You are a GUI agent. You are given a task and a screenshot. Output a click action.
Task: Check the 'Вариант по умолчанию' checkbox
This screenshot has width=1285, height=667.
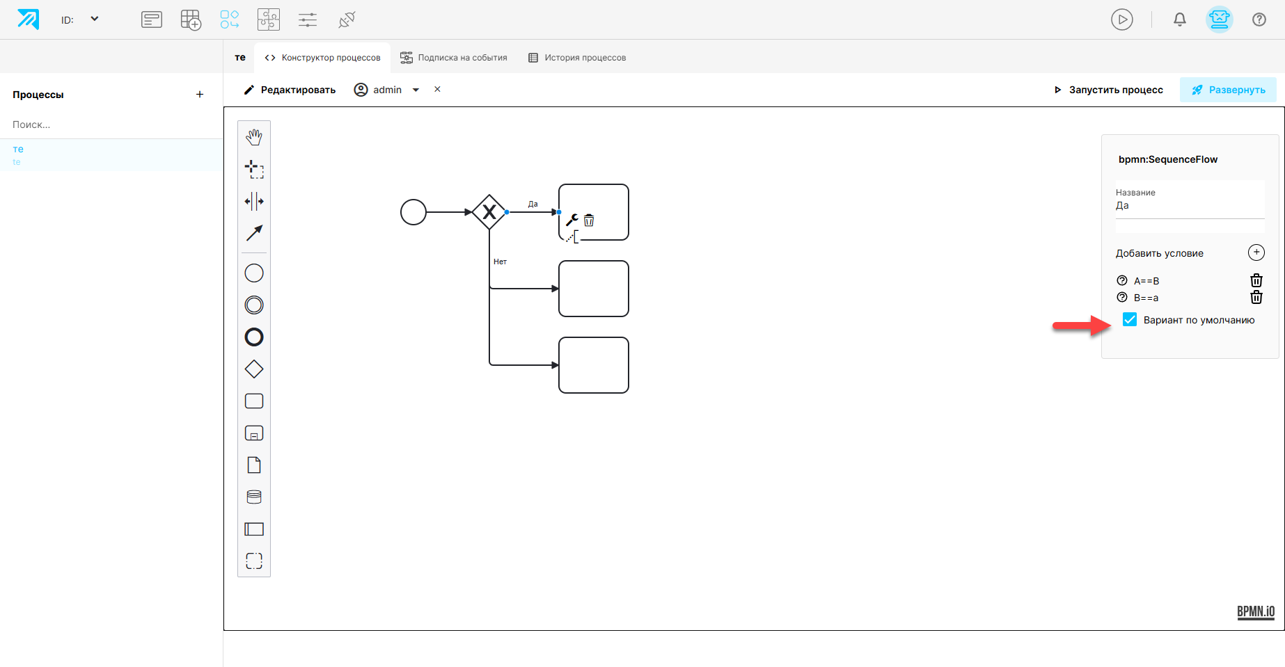1130,319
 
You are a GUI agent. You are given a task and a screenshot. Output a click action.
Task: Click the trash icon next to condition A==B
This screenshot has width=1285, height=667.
1256,280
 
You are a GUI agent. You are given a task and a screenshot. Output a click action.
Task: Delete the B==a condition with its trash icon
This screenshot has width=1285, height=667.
1256,297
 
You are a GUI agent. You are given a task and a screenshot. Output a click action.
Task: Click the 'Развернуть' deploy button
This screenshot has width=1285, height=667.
1228,90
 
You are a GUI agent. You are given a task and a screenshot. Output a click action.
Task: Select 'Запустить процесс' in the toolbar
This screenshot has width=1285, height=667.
1108,90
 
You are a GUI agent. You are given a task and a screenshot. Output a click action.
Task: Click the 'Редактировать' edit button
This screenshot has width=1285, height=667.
290,90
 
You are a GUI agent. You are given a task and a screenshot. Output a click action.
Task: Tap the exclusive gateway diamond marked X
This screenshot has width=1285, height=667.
489,212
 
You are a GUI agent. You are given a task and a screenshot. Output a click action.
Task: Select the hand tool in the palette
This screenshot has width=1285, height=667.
254,137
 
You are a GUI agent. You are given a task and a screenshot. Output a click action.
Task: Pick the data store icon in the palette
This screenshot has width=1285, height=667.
254,497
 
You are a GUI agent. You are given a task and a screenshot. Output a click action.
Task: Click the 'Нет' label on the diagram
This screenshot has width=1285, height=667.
500,262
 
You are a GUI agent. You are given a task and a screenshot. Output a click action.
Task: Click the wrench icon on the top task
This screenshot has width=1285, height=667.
572,220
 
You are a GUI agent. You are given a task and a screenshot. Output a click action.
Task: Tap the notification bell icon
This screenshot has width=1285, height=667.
1180,19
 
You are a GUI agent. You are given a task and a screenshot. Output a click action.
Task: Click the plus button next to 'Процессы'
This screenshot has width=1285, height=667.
200,95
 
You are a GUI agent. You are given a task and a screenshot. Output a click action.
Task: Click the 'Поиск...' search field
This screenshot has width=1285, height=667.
111,124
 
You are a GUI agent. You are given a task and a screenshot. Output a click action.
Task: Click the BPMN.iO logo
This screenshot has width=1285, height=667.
1256,611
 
